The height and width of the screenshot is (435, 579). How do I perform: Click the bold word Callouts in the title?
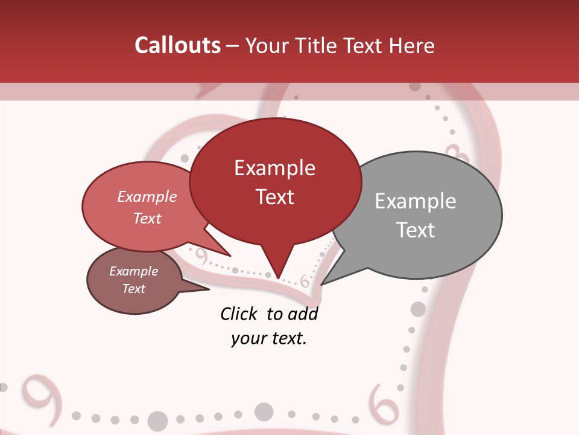coord(177,45)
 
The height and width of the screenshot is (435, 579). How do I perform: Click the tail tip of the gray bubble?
coord(322,284)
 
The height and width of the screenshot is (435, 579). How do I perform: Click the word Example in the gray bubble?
coord(415,201)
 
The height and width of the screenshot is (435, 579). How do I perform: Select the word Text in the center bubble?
coord(274,197)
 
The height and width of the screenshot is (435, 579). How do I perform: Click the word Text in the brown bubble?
coord(133,289)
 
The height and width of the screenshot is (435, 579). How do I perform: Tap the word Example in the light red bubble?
coord(147,196)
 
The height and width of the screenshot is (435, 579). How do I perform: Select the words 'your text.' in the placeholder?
coord(268,338)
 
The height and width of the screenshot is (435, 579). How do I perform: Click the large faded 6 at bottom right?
coord(383,402)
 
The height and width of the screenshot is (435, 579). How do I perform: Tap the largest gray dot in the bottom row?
coord(157,420)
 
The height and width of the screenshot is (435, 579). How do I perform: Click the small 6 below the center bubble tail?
coord(304,282)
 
